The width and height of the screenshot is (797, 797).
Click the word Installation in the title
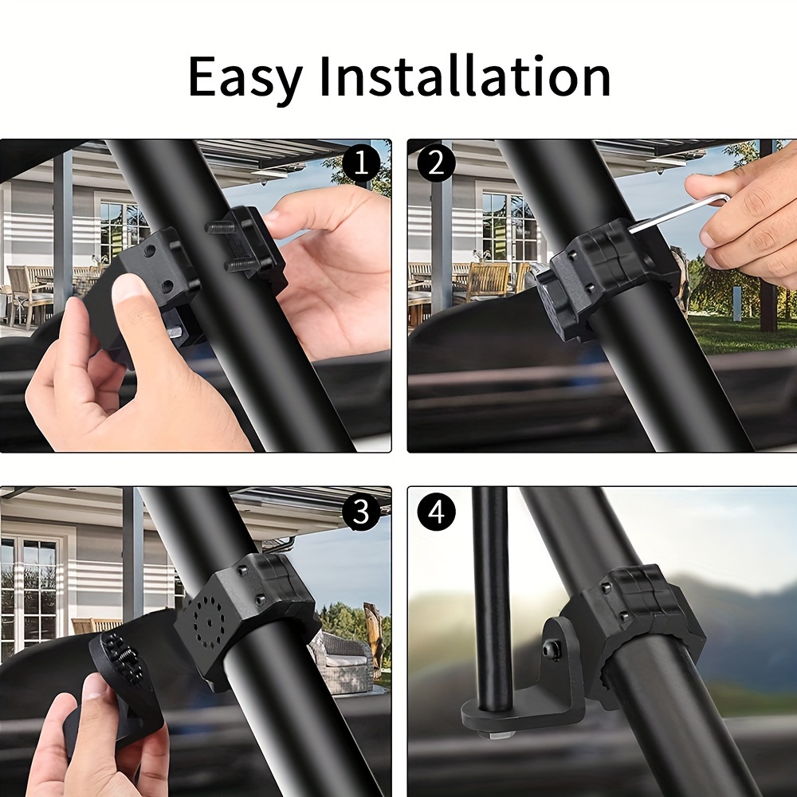tap(465, 76)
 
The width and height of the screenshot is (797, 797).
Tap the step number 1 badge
tap(360, 163)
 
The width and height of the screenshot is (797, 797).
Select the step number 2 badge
tap(436, 163)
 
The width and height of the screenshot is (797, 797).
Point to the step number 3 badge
tap(360, 512)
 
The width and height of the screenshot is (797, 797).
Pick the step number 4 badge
tap(436, 512)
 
